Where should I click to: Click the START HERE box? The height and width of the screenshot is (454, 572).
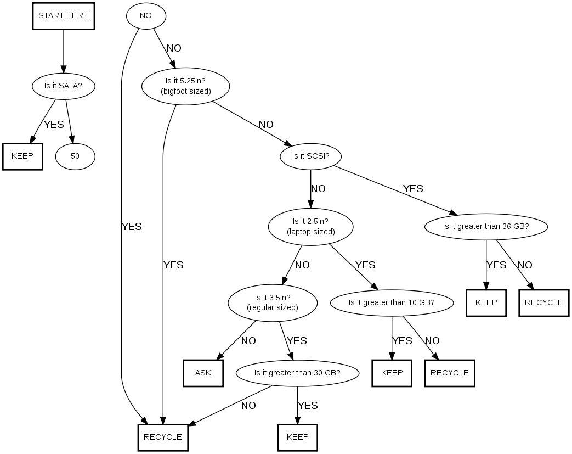64,16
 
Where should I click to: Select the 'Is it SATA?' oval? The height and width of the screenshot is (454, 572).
64,86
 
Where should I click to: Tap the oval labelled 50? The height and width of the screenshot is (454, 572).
75,156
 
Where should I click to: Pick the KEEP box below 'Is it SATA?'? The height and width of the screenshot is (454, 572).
22,156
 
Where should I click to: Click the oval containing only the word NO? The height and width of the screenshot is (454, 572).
146,16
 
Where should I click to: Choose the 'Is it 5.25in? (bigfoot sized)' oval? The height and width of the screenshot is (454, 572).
186,86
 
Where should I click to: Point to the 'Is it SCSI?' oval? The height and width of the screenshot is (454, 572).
311,156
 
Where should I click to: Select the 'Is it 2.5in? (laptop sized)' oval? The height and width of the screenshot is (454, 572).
311,227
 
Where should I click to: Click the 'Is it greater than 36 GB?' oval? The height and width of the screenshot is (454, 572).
486,227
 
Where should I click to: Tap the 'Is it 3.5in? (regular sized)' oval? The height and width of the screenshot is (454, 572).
273,302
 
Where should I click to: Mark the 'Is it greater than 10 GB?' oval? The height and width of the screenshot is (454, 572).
392,302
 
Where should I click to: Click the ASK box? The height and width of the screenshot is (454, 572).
203,373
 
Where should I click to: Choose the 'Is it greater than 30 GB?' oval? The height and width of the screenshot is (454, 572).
298,373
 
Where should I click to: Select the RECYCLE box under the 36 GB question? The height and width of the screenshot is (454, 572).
543,302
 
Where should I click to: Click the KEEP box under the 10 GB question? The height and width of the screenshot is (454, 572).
392,373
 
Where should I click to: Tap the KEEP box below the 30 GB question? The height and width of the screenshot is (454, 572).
298,438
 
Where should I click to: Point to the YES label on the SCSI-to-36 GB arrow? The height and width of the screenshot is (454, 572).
413,189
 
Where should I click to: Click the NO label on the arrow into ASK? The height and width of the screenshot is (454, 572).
248,341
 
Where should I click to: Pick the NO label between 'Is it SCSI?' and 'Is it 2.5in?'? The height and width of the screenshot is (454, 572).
318,189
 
